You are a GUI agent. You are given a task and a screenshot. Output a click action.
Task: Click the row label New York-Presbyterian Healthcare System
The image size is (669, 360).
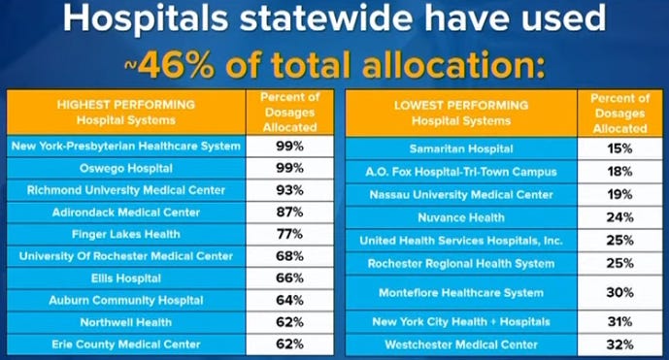(125, 146)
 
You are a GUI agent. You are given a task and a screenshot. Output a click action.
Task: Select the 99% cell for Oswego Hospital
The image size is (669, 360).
(289, 168)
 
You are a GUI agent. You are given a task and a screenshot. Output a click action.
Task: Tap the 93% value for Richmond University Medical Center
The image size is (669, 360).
(289, 190)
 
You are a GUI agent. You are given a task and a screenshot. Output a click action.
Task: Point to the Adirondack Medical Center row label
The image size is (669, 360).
(125, 212)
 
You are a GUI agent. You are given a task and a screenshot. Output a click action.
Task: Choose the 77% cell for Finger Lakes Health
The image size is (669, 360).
(289, 234)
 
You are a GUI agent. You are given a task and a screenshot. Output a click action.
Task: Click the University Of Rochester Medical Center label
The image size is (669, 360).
(125, 256)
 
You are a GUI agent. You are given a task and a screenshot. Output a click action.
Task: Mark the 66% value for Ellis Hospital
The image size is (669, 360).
(289, 278)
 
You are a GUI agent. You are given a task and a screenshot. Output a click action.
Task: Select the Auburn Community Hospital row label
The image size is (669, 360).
(125, 300)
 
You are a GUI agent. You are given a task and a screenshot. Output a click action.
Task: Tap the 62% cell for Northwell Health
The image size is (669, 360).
(289, 322)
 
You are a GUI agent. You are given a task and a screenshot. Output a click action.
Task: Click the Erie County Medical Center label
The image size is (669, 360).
(125, 344)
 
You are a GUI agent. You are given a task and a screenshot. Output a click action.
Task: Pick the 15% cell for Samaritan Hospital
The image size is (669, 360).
(621, 148)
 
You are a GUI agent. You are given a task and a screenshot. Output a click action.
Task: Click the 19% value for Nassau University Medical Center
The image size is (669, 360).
(621, 194)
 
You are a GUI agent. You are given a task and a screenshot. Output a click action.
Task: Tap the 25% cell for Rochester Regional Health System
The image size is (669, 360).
(621, 263)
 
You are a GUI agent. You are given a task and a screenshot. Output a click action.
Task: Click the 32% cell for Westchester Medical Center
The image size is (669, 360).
(621, 344)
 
